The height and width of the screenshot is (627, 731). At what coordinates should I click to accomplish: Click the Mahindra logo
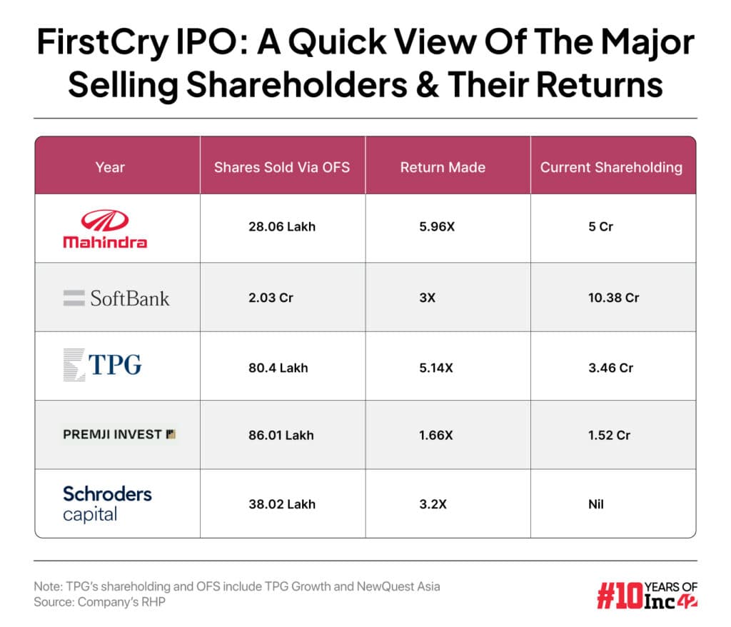click(105, 229)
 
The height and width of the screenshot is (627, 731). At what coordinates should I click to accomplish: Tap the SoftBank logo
click(116, 298)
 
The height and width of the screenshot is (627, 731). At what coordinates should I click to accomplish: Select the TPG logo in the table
click(102, 366)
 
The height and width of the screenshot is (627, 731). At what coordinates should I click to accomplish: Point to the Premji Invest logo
click(119, 434)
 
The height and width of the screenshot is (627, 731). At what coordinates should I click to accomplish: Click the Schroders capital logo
click(107, 503)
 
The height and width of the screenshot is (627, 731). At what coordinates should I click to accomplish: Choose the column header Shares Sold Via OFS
click(282, 168)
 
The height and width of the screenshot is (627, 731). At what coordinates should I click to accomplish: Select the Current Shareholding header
click(611, 168)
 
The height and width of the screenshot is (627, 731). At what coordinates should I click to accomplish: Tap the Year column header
click(110, 168)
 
